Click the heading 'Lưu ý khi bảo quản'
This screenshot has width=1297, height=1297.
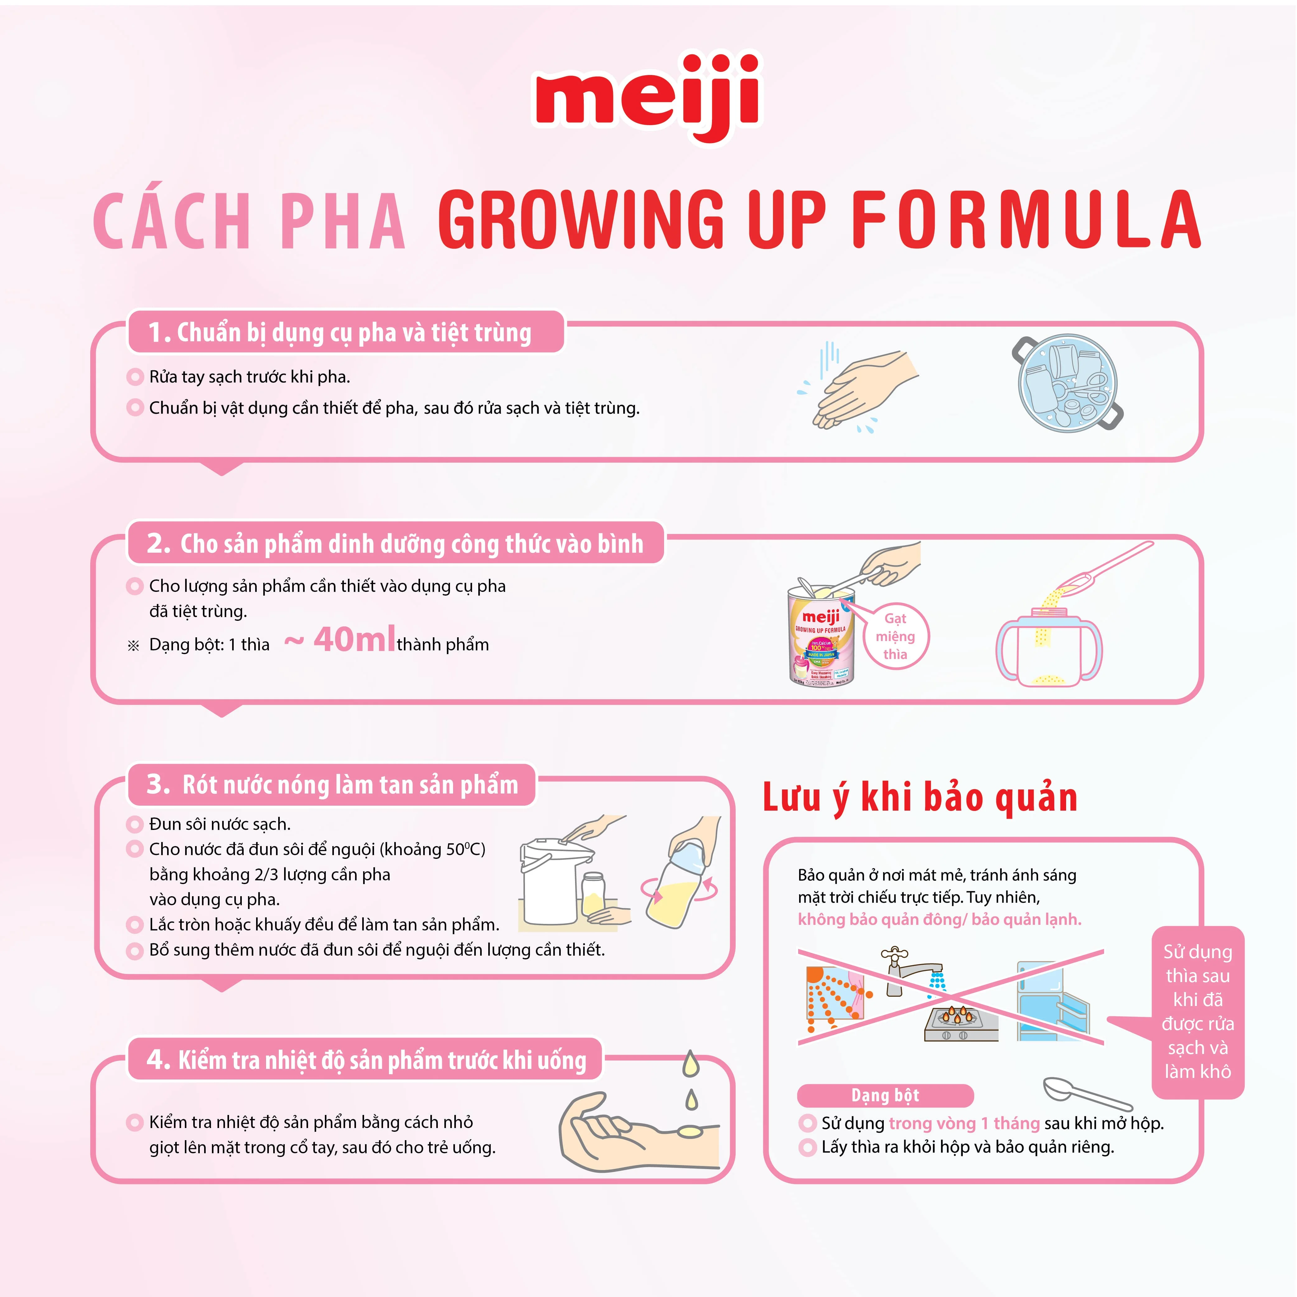coord(920,798)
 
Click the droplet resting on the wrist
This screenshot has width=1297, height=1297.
coord(690,1132)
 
